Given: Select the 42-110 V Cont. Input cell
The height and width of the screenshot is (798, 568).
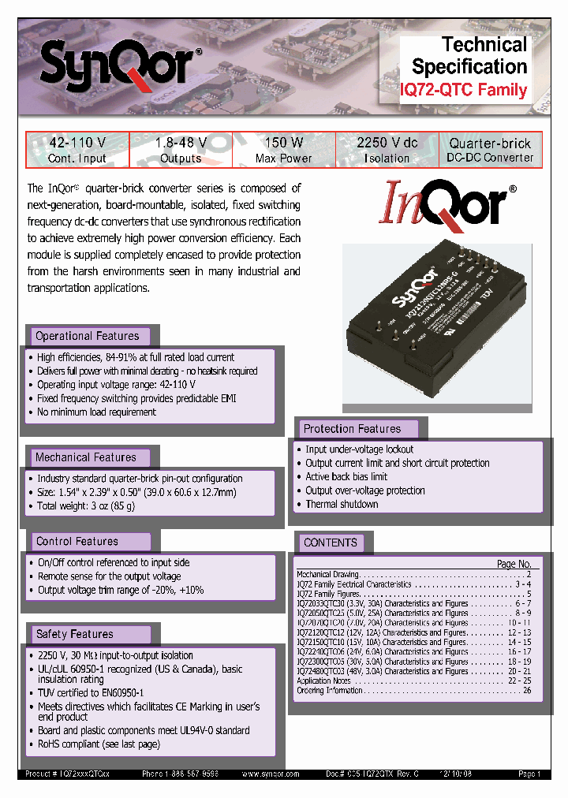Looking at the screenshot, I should [x=77, y=150].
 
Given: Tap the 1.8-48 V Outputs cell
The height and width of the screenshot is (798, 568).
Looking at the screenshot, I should [x=181, y=150].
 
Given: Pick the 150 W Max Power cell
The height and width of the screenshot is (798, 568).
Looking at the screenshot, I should [x=284, y=150].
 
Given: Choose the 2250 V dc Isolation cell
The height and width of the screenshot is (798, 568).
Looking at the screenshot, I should [x=387, y=150].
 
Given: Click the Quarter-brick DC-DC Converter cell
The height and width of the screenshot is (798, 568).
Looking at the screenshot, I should [x=490, y=150].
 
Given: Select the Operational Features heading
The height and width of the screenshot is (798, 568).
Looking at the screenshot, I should [x=88, y=336].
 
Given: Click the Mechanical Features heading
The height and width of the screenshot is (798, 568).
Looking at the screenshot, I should [x=86, y=457].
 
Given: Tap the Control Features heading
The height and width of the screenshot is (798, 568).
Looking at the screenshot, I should [x=77, y=542].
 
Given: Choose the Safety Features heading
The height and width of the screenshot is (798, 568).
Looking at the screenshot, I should [x=75, y=634].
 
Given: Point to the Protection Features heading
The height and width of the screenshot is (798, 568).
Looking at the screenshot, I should [x=352, y=429].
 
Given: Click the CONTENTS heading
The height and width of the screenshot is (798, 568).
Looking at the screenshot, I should [x=331, y=543].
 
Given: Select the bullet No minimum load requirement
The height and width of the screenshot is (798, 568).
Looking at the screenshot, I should [x=96, y=412].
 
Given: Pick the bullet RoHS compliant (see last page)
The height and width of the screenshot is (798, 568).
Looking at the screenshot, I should [x=99, y=744].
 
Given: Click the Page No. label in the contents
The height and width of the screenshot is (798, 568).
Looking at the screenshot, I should [x=514, y=564].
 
